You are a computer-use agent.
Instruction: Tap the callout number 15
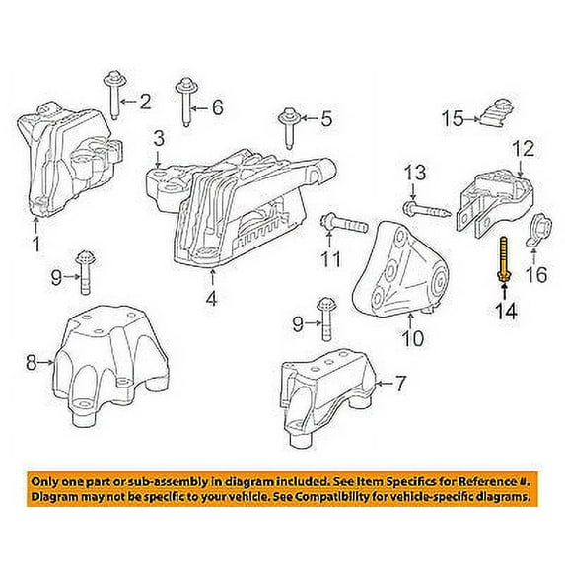pyautogui.click(x=453, y=118)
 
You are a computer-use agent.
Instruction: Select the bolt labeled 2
pyautogui.click(x=113, y=95)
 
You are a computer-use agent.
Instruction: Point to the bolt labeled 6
pyautogui.click(x=186, y=102)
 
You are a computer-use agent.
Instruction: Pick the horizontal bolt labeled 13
pyautogui.click(x=427, y=209)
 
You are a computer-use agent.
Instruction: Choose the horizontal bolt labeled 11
pyautogui.click(x=343, y=224)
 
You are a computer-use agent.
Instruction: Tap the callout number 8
pyautogui.click(x=31, y=362)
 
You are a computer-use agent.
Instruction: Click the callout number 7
pyautogui.click(x=400, y=384)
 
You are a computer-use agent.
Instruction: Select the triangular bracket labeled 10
pyautogui.click(x=400, y=270)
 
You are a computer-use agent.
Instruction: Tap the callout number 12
pyautogui.click(x=524, y=149)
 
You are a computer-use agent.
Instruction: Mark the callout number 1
pyautogui.click(x=36, y=244)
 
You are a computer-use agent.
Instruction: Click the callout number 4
pyautogui.click(x=212, y=299)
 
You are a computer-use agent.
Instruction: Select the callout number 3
pyautogui.click(x=159, y=138)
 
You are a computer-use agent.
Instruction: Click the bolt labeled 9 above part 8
pyautogui.click(x=86, y=272)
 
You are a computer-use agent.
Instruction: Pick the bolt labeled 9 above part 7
pyautogui.click(x=326, y=318)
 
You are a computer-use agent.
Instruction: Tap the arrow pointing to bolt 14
pyautogui.click(x=504, y=292)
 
